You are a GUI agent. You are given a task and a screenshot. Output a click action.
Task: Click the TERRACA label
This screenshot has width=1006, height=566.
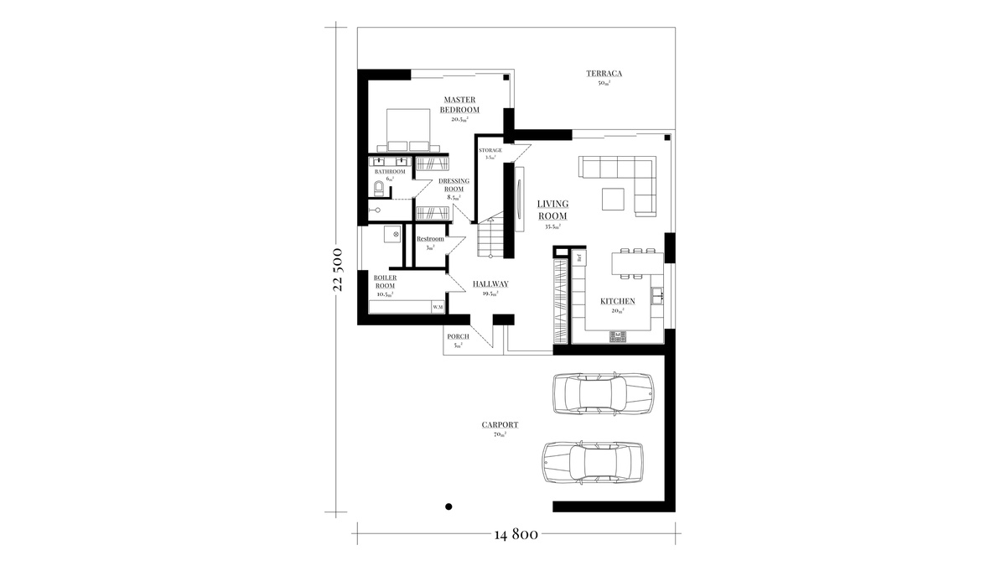click(x=604, y=74)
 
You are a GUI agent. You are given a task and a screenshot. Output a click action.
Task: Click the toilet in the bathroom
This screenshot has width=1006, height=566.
click(x=379, y=187)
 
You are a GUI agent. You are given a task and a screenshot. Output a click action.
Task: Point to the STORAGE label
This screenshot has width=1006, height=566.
click(x=490, y=151)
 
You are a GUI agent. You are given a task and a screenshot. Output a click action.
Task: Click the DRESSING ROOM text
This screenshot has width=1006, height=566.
click(x=454, y=185)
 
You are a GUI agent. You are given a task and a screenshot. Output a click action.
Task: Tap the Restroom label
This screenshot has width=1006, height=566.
click(x=430, y=240)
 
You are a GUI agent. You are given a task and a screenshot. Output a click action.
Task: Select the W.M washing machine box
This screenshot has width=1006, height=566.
click(x=438, y=308)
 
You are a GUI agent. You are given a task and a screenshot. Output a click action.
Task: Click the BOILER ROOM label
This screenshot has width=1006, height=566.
click(x=385, y=282)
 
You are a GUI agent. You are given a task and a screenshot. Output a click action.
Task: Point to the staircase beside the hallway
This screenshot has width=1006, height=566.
click(x=489, y=238)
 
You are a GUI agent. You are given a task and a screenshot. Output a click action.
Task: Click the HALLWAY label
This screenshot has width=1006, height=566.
click(x=490, y=283)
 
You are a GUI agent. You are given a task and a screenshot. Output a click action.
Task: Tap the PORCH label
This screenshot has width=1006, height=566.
click(x=458, y=336)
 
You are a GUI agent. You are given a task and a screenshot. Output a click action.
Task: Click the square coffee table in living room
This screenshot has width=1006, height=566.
click(x=612, y=199)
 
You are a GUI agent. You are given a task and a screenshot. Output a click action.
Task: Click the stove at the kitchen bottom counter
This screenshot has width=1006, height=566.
click(x=619, y=335)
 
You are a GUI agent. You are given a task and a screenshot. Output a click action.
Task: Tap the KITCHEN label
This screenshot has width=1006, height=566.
click(x=617, y=301)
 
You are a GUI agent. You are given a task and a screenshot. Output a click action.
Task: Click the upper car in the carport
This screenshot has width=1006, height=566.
click(x=601, y=393)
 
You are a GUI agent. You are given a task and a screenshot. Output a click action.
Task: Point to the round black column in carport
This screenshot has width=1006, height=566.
click(x=449, y=506)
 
